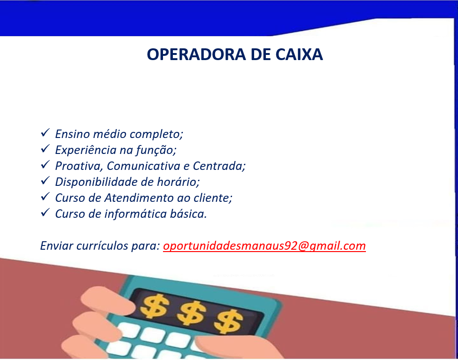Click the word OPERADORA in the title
(196, 54)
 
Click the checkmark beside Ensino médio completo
(45, 133)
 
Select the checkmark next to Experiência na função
(45, 149)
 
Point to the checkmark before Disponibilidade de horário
(45, 181)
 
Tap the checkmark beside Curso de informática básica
(45, 213)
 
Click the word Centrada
(219, 166)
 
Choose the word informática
(135, 214)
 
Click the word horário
(178, 182)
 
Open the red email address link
(264, 246)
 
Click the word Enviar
(56, 246)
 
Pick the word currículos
(102, 246)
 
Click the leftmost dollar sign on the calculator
(154, 306)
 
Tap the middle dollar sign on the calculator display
(191, 314)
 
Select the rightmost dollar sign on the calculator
(228, 321)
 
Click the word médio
(109, 134)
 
